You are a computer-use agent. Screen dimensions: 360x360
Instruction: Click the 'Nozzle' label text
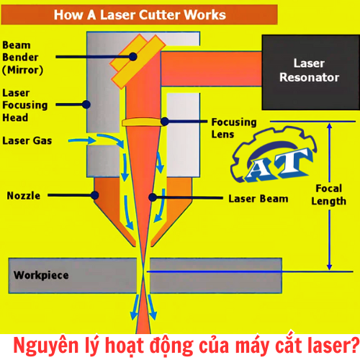(23, 196)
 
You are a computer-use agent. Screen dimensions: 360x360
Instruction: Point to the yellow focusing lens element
(145, 122)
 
